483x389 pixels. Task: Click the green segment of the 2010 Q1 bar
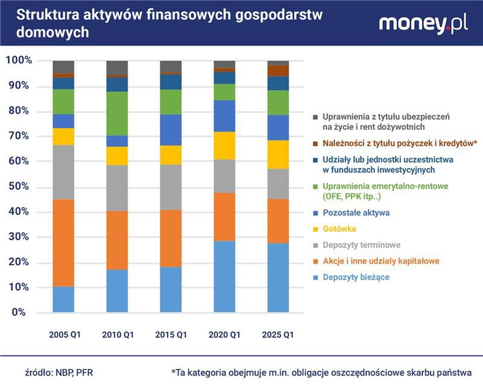click(117, 114)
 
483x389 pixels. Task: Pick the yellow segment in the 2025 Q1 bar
click(278, 155)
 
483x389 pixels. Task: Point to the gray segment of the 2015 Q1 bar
click(171, 187)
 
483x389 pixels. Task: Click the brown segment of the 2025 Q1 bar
click(278, 71)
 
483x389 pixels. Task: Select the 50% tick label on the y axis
click(19, 187)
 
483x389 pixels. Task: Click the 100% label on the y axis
click(19, 60)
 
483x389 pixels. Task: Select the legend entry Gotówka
click(339, 229)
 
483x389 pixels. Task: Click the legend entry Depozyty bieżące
click(356, 277)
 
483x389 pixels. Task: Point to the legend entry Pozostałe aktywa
click(356, 213)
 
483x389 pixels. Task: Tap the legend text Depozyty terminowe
click(361, 245)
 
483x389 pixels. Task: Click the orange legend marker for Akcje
click(316, 262)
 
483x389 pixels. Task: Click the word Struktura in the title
click(39, 15)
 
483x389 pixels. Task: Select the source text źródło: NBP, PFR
click(58, 373)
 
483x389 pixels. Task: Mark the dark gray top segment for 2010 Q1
click(117, 68)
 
